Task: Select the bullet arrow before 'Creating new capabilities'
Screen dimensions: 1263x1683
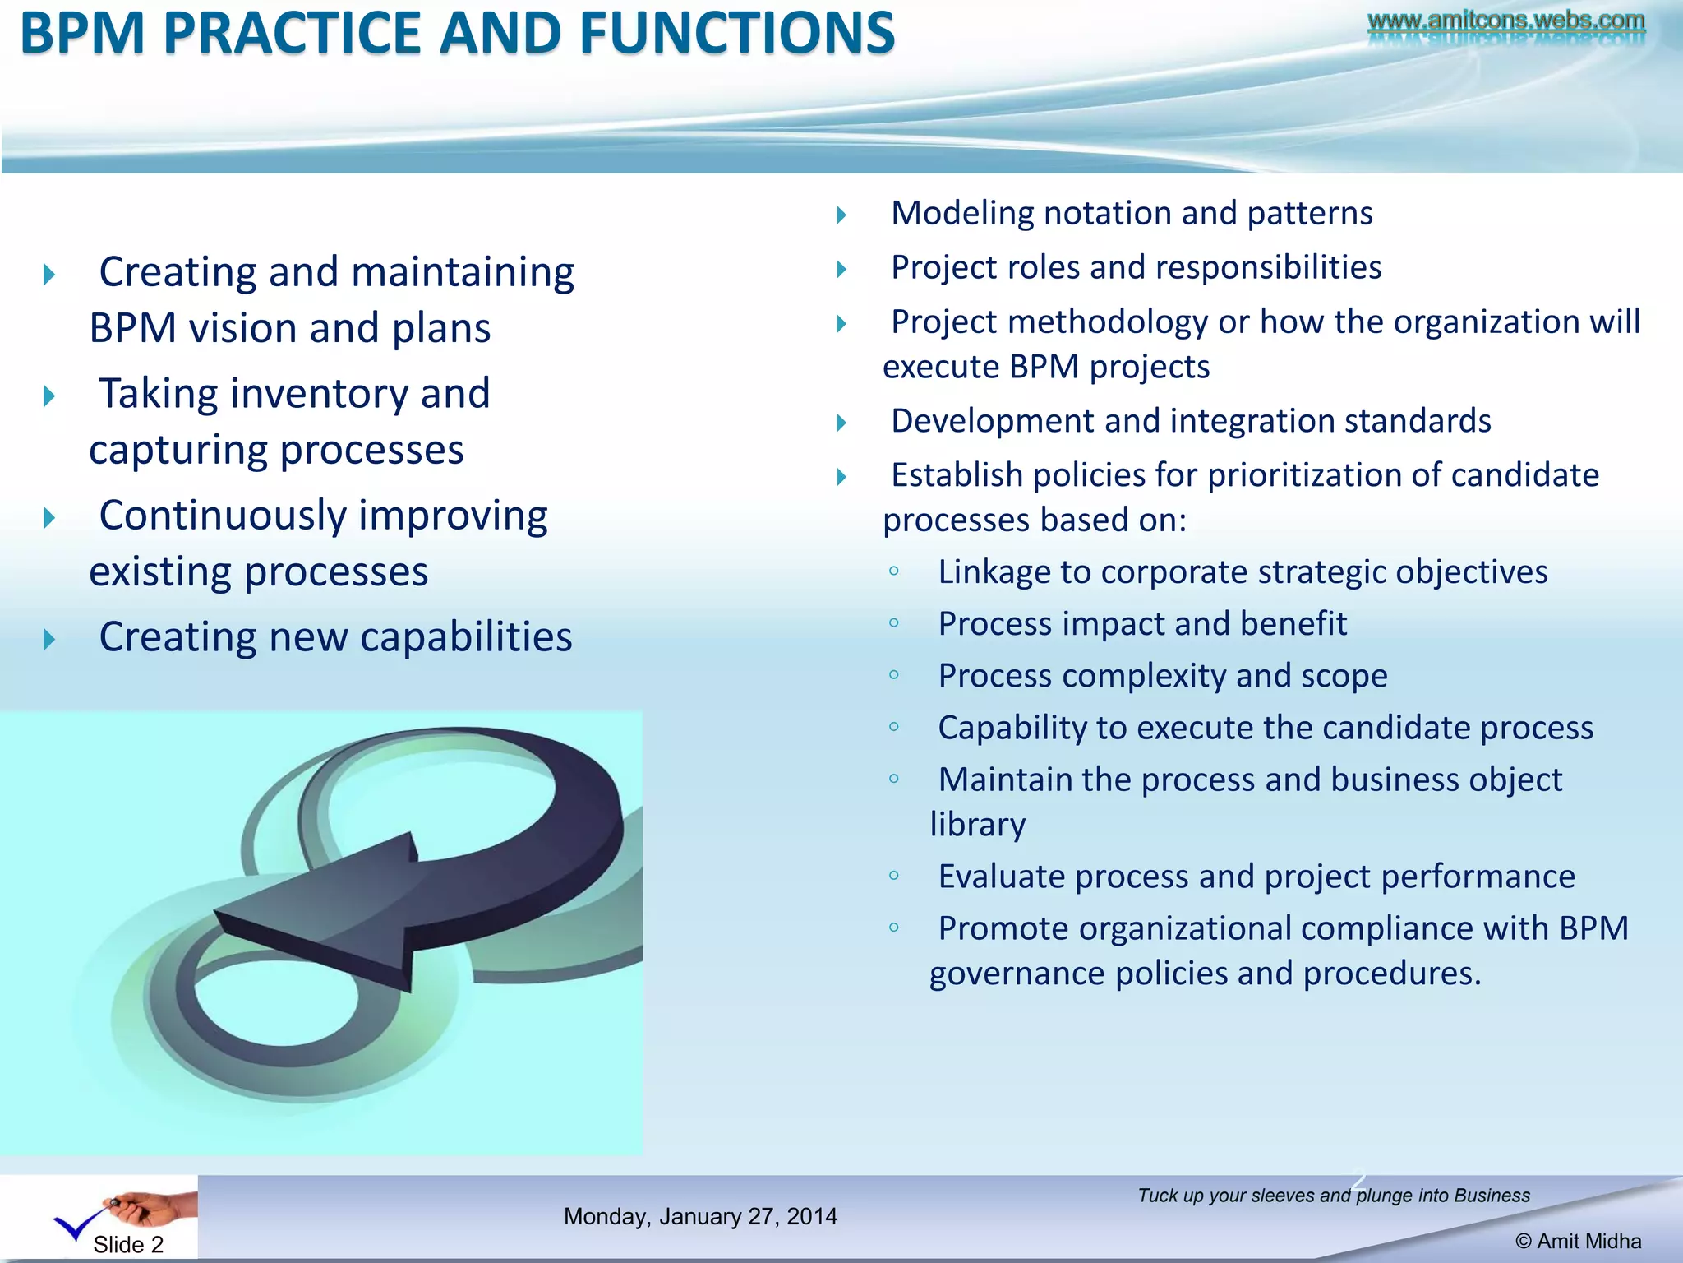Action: click(x=49, y=639)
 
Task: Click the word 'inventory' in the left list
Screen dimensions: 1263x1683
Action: click(x=325, y=394)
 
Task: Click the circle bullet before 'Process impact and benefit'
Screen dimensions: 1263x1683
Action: click(x=894, y=623)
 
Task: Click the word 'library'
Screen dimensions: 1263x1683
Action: click(x=978, y=825)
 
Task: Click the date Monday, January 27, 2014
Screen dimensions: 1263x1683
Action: click(x=700, y=1217)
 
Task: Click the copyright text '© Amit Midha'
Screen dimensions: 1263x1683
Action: click(x=1578, y=1242)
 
